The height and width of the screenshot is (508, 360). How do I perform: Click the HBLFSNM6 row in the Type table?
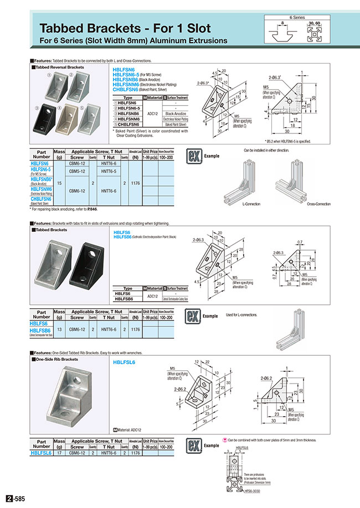(128, 118)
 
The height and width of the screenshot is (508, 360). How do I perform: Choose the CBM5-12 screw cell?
(77, 172)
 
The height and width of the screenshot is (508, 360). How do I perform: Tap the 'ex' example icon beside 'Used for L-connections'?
(192, 317)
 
